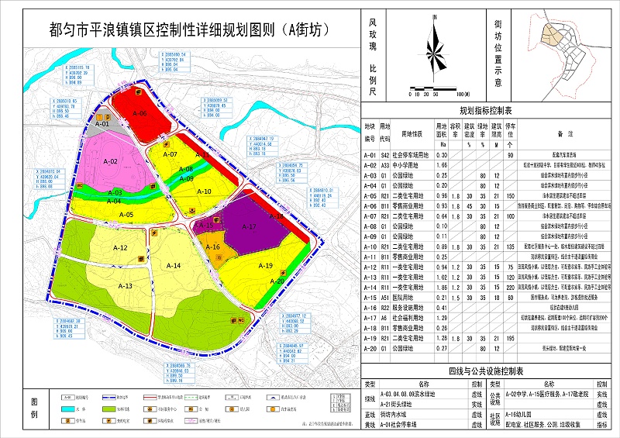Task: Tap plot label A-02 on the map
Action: point(109,161)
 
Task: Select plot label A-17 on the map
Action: point(248,227)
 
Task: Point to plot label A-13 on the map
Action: point(125,286)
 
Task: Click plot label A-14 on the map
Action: point(172,266)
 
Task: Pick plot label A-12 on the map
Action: point(119,247)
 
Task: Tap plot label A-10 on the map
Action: point(204,191)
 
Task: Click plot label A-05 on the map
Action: point(126,214)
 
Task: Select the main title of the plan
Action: point(184,30)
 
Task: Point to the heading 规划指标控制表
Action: point(491,111)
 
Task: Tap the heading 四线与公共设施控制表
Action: point(491,371)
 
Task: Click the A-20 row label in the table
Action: point(370,349)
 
